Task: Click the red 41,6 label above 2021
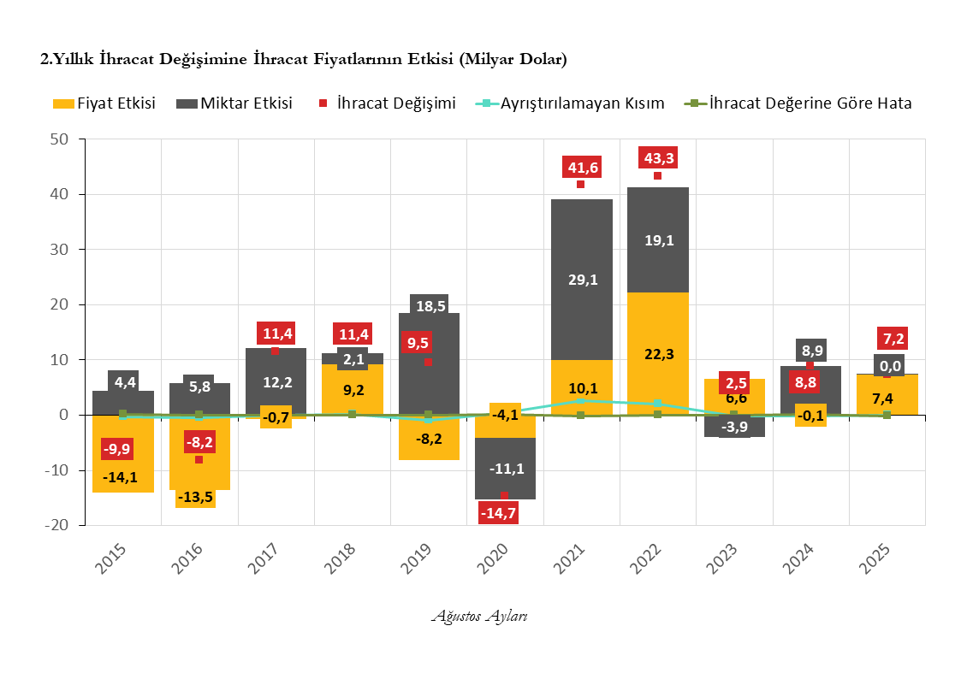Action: click(580, 168)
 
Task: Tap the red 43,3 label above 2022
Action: click(657, 158)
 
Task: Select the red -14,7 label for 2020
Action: click(504, 513)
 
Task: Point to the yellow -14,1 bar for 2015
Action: click(122, 466)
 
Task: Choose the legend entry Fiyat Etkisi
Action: click(104, 103)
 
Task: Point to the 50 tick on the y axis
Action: click(64, 139)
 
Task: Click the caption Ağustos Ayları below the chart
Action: click(479, 617)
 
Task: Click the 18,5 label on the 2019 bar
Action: click(429, 305)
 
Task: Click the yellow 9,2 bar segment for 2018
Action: click(352, 389)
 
